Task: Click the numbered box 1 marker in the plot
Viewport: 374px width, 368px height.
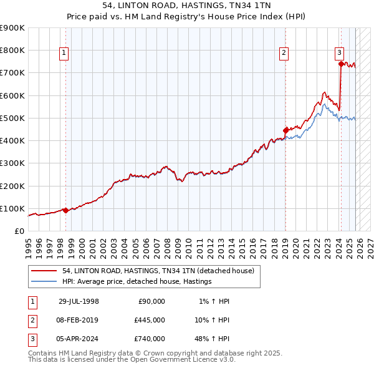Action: pos(65,54)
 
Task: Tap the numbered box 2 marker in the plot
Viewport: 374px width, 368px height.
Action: pos(284,54)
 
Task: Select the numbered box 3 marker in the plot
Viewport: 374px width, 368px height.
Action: pos(340,54)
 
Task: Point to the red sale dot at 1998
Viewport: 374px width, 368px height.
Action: pos(65,210)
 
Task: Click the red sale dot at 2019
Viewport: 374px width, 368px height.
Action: pos(285,130)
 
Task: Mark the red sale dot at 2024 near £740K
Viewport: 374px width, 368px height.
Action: pos(341,63)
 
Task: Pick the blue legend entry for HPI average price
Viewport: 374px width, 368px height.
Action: pos(137,282)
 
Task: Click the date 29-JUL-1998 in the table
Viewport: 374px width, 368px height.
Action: pos(79,301)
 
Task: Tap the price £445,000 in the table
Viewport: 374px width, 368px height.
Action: pos(150,320)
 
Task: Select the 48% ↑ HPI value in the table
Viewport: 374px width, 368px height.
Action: pos(211,339)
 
